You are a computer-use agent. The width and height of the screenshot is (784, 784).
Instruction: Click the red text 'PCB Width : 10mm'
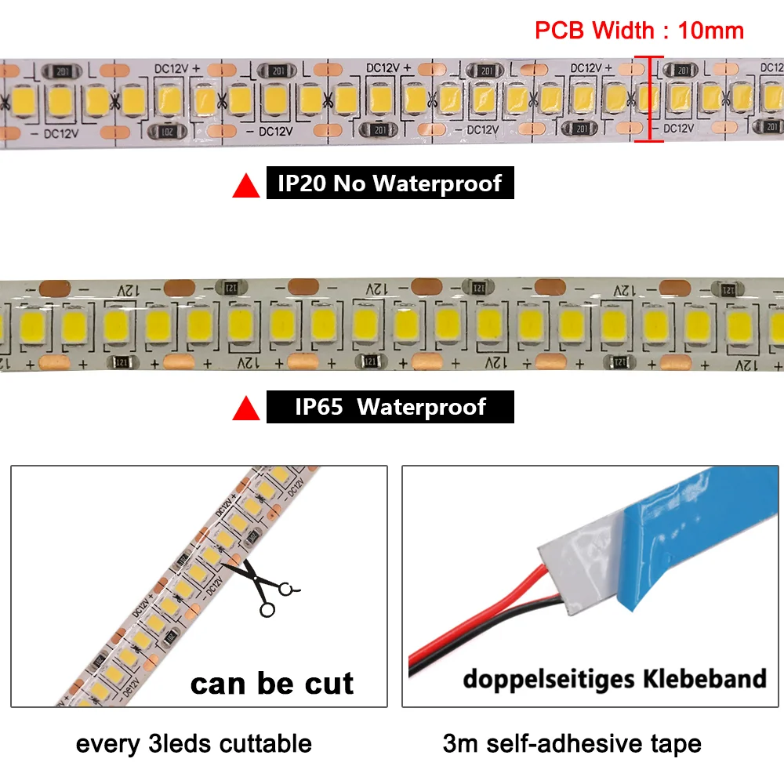pyautogui.click(x=639, y=31)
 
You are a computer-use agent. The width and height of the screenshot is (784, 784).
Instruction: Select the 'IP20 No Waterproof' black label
pyautogui.click(x=390, y=183)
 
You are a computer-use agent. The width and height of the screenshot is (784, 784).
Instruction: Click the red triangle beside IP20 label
pyautogui.click(x=247, y=186)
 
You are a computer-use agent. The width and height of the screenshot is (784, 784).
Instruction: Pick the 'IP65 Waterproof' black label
pyautogui.click(x=390, y=408)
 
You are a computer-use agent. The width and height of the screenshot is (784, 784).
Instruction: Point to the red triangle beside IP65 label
pyautogui.click(x=247, y=408)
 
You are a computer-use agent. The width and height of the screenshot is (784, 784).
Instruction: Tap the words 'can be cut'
pyautogui.click(x=272, y=684)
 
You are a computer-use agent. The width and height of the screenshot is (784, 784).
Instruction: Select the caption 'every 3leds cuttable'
pyautogui.click(x=194, y=743)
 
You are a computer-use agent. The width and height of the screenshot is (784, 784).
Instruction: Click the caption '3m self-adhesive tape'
pyautogui.click(x=572, y=743)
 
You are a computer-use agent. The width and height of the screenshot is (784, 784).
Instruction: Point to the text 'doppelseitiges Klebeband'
pyautogui.click(x=614, y=678)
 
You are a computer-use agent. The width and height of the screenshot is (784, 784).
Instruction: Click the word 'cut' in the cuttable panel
pyautogui.click(x=327, y=684)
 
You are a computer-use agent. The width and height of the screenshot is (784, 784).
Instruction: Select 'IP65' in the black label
pyautogui.click(x=318, y=408)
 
